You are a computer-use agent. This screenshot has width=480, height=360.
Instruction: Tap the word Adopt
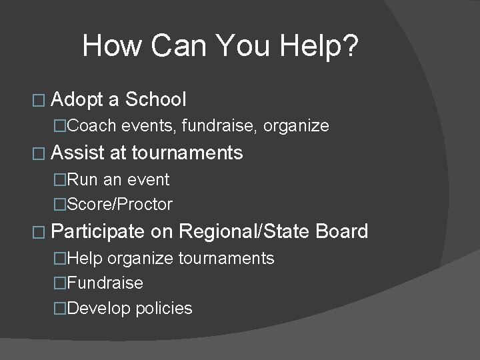pyautogui.click(x=77, y=100)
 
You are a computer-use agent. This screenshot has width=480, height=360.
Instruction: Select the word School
pyautogui.click(x=156, y=100)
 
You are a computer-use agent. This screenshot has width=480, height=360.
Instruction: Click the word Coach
pyautogui.click(x=91, y=125)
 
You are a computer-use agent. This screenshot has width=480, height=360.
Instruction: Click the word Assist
pyautogui.click(x=77, y=153)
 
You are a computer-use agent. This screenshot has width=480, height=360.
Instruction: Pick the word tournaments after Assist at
pyautogui.click(x=187, y=153)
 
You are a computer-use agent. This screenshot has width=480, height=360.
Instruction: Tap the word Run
pyautogui.click(x=83, y=179)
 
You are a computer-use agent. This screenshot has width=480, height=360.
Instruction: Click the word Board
pyautogui.click(x=342, y=232)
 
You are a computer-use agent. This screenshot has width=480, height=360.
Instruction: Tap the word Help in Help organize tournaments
pyautogui.click(x=85, y=258)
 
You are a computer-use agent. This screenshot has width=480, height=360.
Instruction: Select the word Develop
pyautogui.click(x=99, y=309)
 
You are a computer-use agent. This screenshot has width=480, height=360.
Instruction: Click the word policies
pyautogui.click(x=163, y=309)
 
